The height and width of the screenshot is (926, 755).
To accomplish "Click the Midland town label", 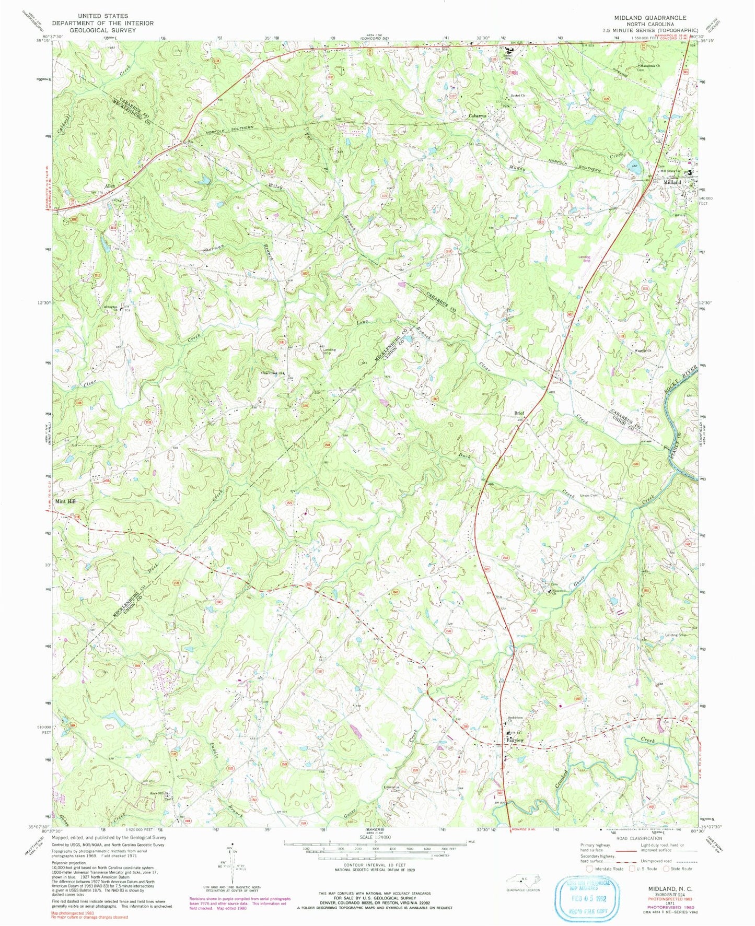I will (x=672, y=182).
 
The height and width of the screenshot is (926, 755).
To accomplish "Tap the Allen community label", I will (x=110, y=186).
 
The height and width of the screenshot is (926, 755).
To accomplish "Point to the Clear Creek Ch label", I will (x=272, y=373).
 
